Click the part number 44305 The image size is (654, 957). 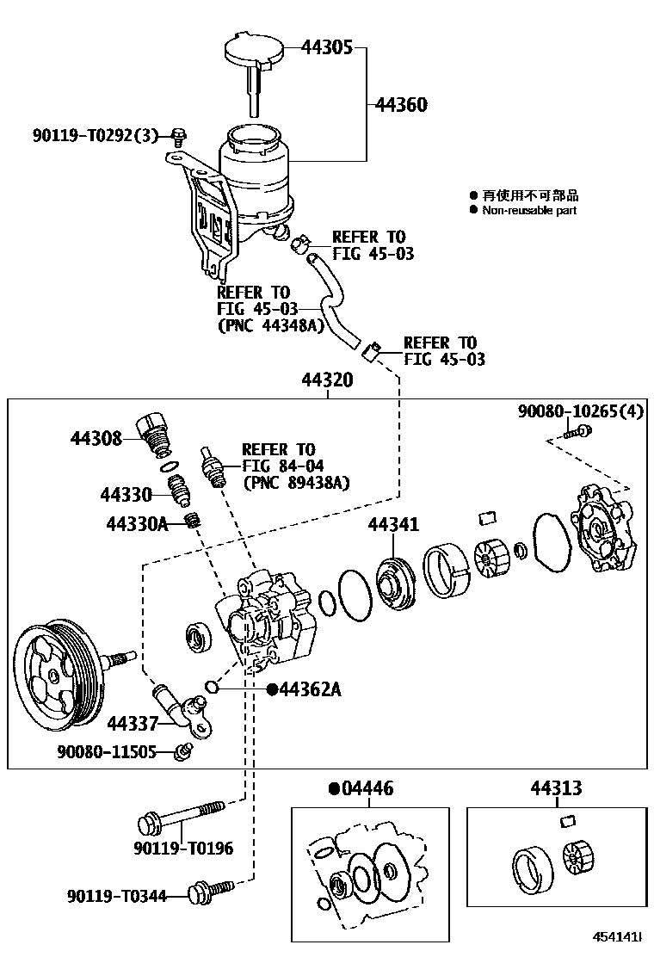point(326,47)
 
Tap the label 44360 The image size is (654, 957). point(401,104)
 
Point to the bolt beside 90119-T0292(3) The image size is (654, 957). point(178,135)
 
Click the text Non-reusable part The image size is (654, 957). point(529,210)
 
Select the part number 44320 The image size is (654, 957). point(327,380)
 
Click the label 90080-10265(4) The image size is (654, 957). point(581,411)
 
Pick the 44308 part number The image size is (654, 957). point(96,438)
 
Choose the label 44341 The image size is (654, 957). point(393,524)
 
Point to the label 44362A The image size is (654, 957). point(309,689)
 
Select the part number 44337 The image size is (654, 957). point(133,724)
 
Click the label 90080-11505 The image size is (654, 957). point(107,751)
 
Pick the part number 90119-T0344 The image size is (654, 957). point(116,896)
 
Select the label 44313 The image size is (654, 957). point(557,788)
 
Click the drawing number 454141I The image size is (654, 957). point(620,936)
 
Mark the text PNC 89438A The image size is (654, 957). point(297,483)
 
